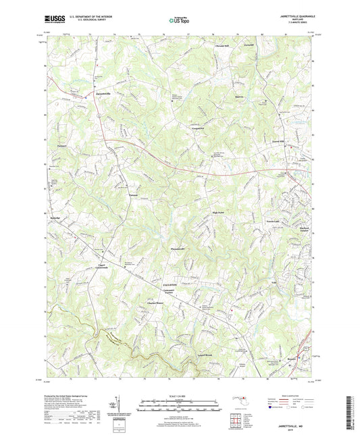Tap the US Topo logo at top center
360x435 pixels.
coord(178,21)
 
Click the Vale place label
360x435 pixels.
coord(274,283)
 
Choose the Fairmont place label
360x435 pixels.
coord(63,145)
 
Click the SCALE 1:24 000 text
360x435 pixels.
coord(180,395)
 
